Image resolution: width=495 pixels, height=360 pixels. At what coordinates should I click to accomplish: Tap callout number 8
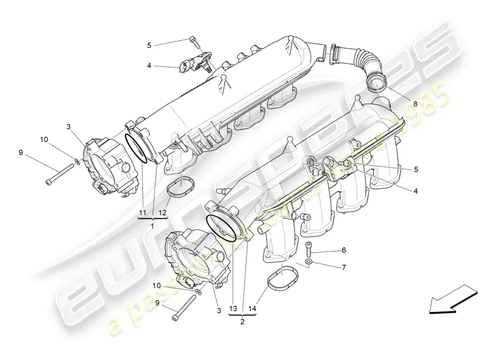click(415, 103)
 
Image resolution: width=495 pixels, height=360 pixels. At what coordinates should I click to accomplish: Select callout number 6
click(343, 250)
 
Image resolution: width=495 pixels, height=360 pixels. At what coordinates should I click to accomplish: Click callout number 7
click(343, 267)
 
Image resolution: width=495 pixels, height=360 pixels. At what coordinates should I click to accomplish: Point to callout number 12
click(162, 212)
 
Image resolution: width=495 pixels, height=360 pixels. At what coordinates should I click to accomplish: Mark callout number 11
click(142, 212)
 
